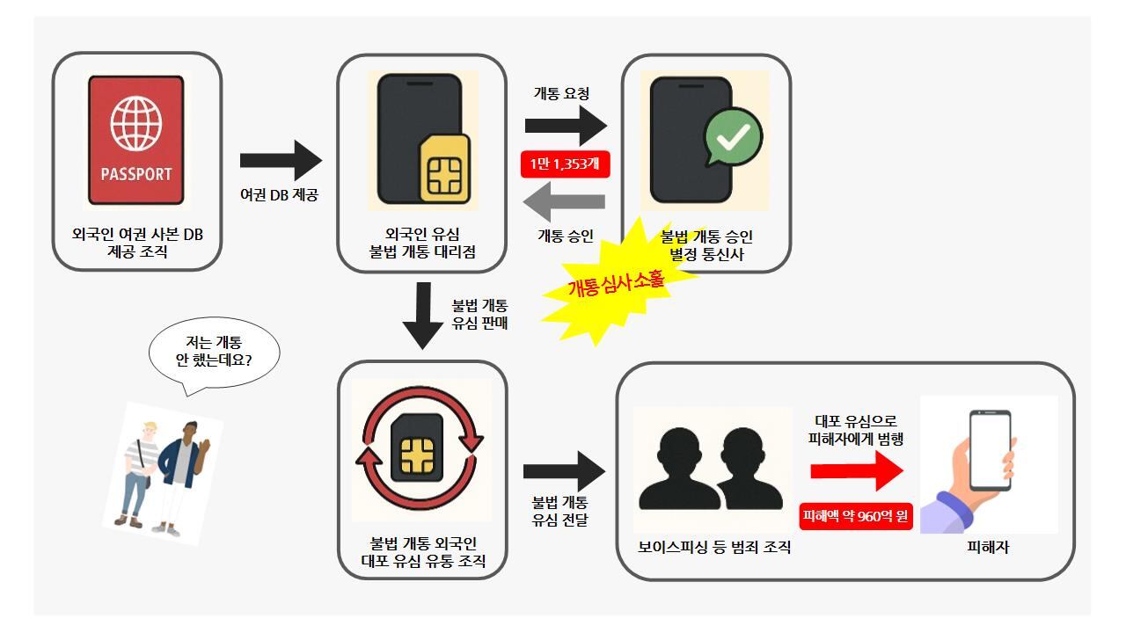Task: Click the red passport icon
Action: point(135,142)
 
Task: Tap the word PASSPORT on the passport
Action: point(135,173)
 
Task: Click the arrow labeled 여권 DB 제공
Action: point(281,160)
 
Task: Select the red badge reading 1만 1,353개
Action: point(566,164)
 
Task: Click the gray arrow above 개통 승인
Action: point(564,202)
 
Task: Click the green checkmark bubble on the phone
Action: point(734,137)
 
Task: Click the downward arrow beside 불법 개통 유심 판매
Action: point(423,316)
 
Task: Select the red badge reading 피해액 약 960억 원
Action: point(856,516)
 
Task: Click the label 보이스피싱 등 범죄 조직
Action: point(714,548)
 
